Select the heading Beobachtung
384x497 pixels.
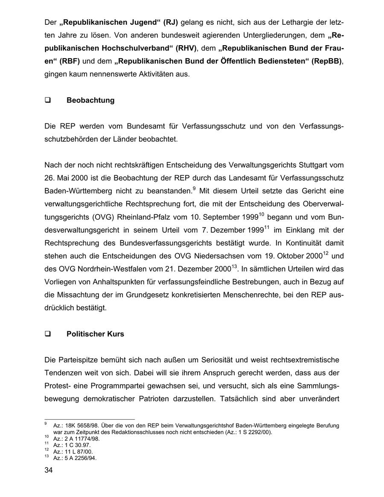(90, 100)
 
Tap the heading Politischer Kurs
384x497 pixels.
(95, 334)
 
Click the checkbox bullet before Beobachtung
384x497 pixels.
(47, 101)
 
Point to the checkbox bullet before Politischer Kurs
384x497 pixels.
(47, 334)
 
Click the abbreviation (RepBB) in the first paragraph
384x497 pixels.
(327, 61)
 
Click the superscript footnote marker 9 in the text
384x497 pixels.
(194, 188)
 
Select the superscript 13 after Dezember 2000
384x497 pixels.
(234, 267)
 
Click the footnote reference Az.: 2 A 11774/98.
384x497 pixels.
(76, 439)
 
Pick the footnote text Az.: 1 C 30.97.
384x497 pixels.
(72, 445)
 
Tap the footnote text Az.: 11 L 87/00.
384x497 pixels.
(73, 451)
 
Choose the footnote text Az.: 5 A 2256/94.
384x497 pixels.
(75, 458)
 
